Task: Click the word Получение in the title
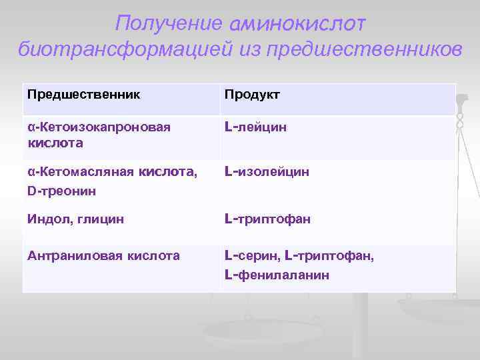click(168, 23)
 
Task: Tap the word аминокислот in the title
click(297, 24)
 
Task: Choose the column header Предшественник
click(84, 94)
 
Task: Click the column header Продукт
click(252, 95)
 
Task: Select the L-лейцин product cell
click(256, 127)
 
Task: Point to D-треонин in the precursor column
click(61, 191)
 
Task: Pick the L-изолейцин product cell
click(267, 173)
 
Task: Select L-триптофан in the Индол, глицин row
click(268, 219)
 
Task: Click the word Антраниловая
click(71, 255)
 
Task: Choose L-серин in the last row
click(251, 255)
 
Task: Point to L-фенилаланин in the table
click(277, 274)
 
